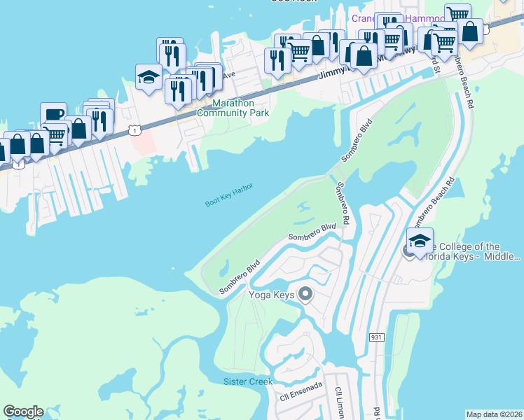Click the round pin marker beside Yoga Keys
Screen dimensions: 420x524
tap(305, 295)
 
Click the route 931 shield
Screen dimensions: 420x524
tap(377, 337)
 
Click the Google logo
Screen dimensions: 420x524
tap(23, 412)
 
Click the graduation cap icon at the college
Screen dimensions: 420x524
tap(420, 241)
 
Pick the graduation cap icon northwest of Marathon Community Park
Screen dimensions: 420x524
tap(149, 77)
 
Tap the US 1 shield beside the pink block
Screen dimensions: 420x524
tap(135, 130)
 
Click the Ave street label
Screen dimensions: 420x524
tap(228, 75)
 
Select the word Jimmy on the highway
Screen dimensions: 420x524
tap(331, 74)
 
